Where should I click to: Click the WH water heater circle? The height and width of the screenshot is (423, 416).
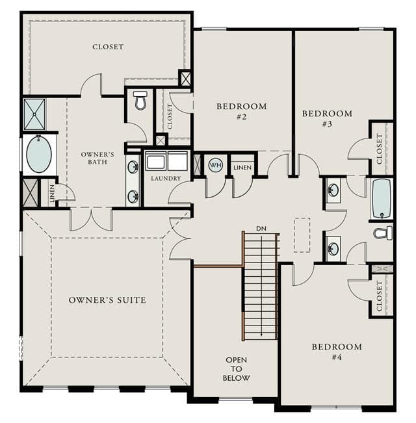coord(216,165)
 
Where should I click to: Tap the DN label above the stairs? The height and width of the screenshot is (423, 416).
coord(261,229)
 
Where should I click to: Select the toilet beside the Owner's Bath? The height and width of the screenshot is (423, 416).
coord(140,100)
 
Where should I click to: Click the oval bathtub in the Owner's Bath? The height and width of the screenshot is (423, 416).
coord(39,154)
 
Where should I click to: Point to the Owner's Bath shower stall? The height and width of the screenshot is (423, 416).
coord(34,114)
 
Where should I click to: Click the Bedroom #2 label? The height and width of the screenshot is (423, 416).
coord(241,111)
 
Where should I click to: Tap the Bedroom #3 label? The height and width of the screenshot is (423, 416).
coord(327,118)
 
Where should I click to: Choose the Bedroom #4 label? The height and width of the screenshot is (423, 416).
coord(337,352)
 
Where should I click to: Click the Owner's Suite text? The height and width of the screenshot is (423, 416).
coord(107,300)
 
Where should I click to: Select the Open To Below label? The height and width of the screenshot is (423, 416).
coord(236,369)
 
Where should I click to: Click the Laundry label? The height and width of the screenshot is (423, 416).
coord(166,178)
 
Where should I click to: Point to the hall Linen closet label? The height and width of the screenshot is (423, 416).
coord(242,168)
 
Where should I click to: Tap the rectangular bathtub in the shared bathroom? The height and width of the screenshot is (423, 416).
coord(382,199)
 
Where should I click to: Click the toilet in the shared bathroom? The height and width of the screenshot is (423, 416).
coord(383,233)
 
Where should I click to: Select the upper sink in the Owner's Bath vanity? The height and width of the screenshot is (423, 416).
coord(133,167)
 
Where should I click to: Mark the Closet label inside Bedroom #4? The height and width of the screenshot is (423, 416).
coord(380,296)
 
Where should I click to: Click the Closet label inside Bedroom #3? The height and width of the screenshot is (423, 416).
coord(380,149)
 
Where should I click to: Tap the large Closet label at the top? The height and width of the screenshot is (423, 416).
coord(108,47)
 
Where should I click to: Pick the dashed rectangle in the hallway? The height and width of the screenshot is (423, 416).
coord(302,235)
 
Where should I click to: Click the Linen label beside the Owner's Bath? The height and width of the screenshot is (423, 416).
coord(52,193)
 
